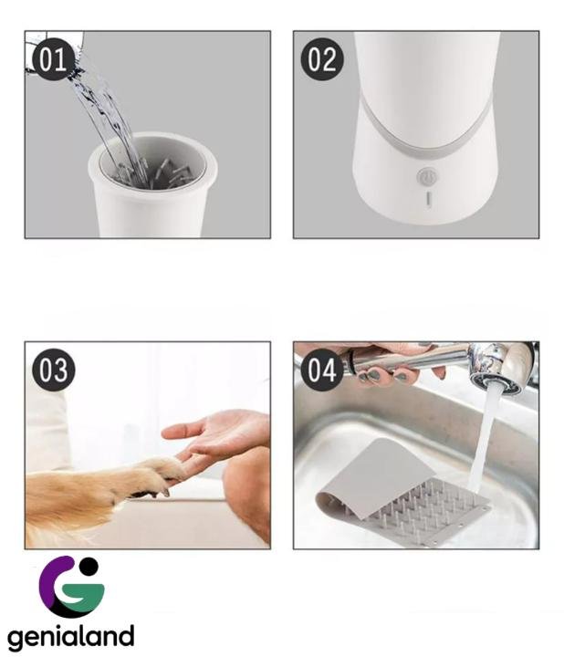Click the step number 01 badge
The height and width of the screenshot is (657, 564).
click(53, 60)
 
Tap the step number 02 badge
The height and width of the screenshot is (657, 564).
click(322, 59)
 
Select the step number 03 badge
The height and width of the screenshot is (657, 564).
click(54, 370)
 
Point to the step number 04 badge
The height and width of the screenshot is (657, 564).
click(322, 370)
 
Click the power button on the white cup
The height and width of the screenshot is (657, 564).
click(427, 177)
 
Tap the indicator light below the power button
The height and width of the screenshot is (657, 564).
click(428, 199)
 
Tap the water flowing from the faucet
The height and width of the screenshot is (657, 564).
click(484, 436)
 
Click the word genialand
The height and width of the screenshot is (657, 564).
click(71, 637)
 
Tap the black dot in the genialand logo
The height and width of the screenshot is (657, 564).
click(89, 566)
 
